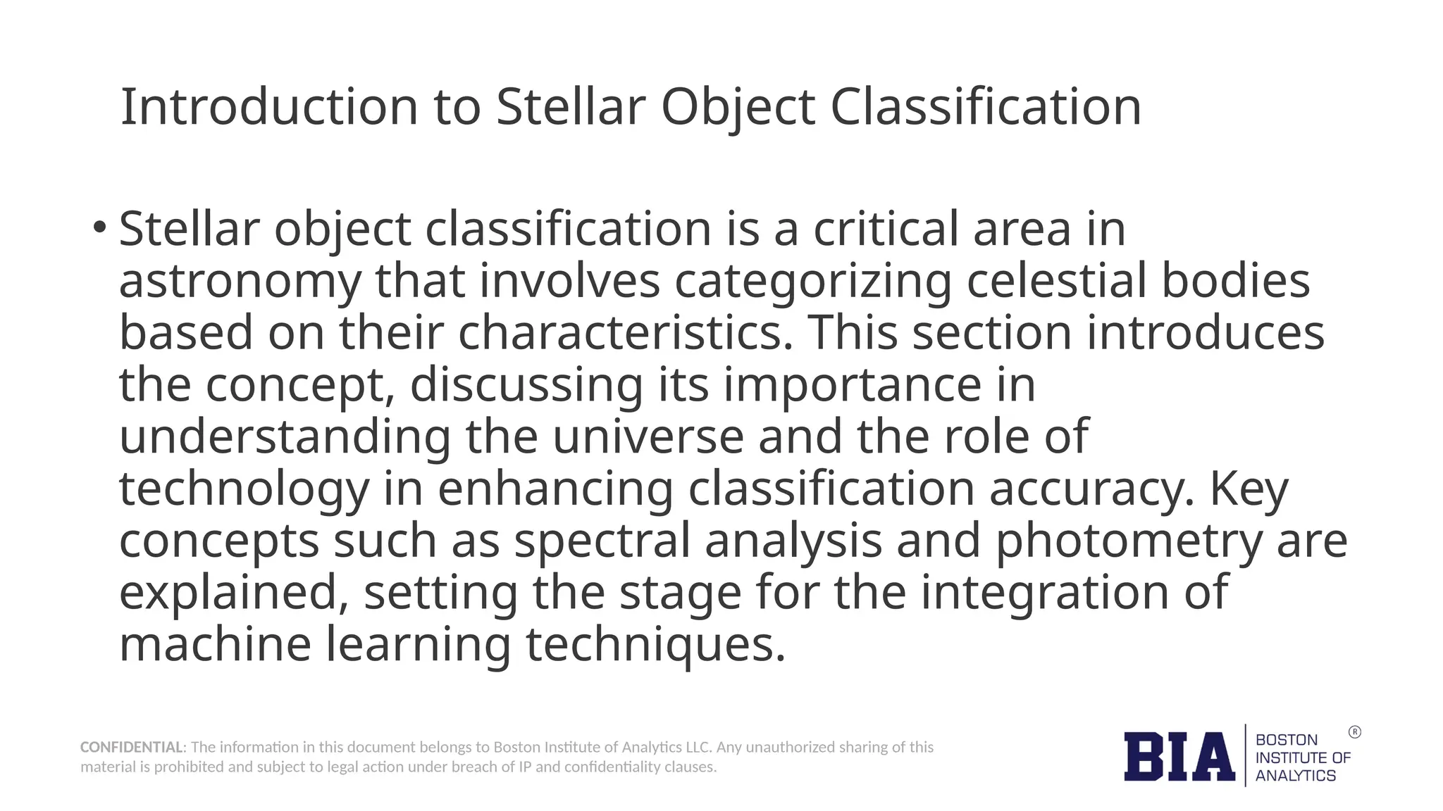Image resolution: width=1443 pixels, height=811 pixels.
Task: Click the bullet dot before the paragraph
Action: pos(99,227)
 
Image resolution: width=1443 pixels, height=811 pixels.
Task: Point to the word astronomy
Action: pos(240,281)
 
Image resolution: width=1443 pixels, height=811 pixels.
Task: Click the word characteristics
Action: pos(626,332)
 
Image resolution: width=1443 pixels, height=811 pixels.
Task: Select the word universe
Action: pos(648,436)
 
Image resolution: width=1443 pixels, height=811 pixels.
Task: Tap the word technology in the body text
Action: pos(244,489)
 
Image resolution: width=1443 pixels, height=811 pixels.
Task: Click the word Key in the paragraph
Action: pos(1249,489)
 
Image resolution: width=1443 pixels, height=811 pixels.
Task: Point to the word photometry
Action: pos(1128,541)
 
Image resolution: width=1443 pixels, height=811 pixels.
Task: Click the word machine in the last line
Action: pos(215,644)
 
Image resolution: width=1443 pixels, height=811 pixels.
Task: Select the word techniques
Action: pos(655,644)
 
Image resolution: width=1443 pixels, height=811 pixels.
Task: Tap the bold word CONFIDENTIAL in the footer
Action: pos(131,747)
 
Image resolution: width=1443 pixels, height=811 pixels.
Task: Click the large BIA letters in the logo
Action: pos(1179,757)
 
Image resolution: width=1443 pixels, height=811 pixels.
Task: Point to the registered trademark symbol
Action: pos(1354,732)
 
